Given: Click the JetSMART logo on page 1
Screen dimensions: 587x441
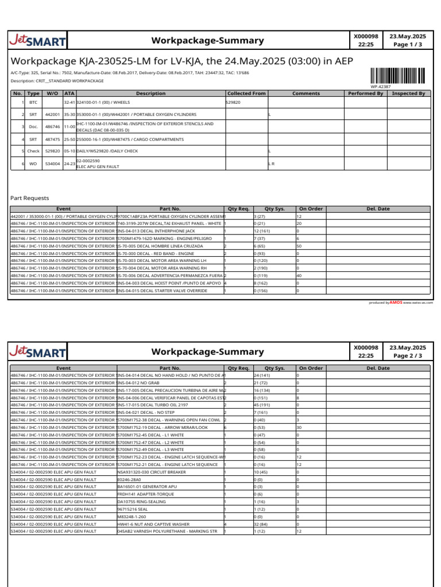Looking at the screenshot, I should [x=38, y=41].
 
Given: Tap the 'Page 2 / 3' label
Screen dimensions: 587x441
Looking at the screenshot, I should [x=408, y=355].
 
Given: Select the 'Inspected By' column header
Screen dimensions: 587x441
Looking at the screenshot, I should [x=408, y=93].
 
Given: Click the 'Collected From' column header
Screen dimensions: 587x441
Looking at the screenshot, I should [x=246, y=93].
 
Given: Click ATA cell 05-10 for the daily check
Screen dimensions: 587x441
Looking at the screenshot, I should [x=69, y=151].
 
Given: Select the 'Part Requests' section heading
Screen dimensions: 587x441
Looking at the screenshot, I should [x=30, y=198].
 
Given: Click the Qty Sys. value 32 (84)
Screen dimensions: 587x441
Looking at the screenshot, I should [x=263, y=523].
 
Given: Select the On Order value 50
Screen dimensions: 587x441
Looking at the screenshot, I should [x=299, y=246].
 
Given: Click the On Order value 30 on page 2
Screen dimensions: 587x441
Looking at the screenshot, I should [x=299, y=427].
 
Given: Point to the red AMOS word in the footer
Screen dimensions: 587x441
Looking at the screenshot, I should [x=396, y=302].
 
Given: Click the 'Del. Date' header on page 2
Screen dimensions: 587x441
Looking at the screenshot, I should [x=378, y=368].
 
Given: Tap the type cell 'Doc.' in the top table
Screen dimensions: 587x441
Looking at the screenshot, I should [x=33, y=126].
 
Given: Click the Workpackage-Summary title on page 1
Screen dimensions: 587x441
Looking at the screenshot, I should [x=207, y=41].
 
